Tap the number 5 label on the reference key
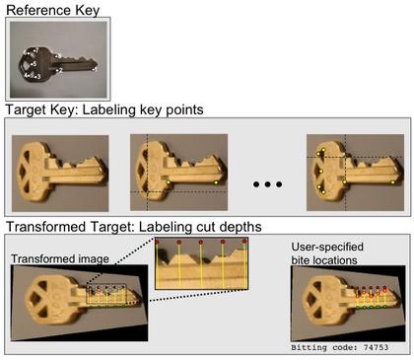click(x=34, y=64)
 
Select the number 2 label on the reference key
click(x=60, y=70)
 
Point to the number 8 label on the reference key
click(x=60, y=56)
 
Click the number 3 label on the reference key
click(x=38, y=77)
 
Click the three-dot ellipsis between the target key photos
click(x=267, y=184)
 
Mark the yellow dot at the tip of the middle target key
click(x=216, y=182)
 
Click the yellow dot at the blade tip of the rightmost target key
click(x=392, y=182)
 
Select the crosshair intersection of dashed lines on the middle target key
click(x=147, y=191)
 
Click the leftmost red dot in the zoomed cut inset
click(x=157, y=242)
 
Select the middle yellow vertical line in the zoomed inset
click(x=201, y=264)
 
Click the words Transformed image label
click(x=60, y=258)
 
